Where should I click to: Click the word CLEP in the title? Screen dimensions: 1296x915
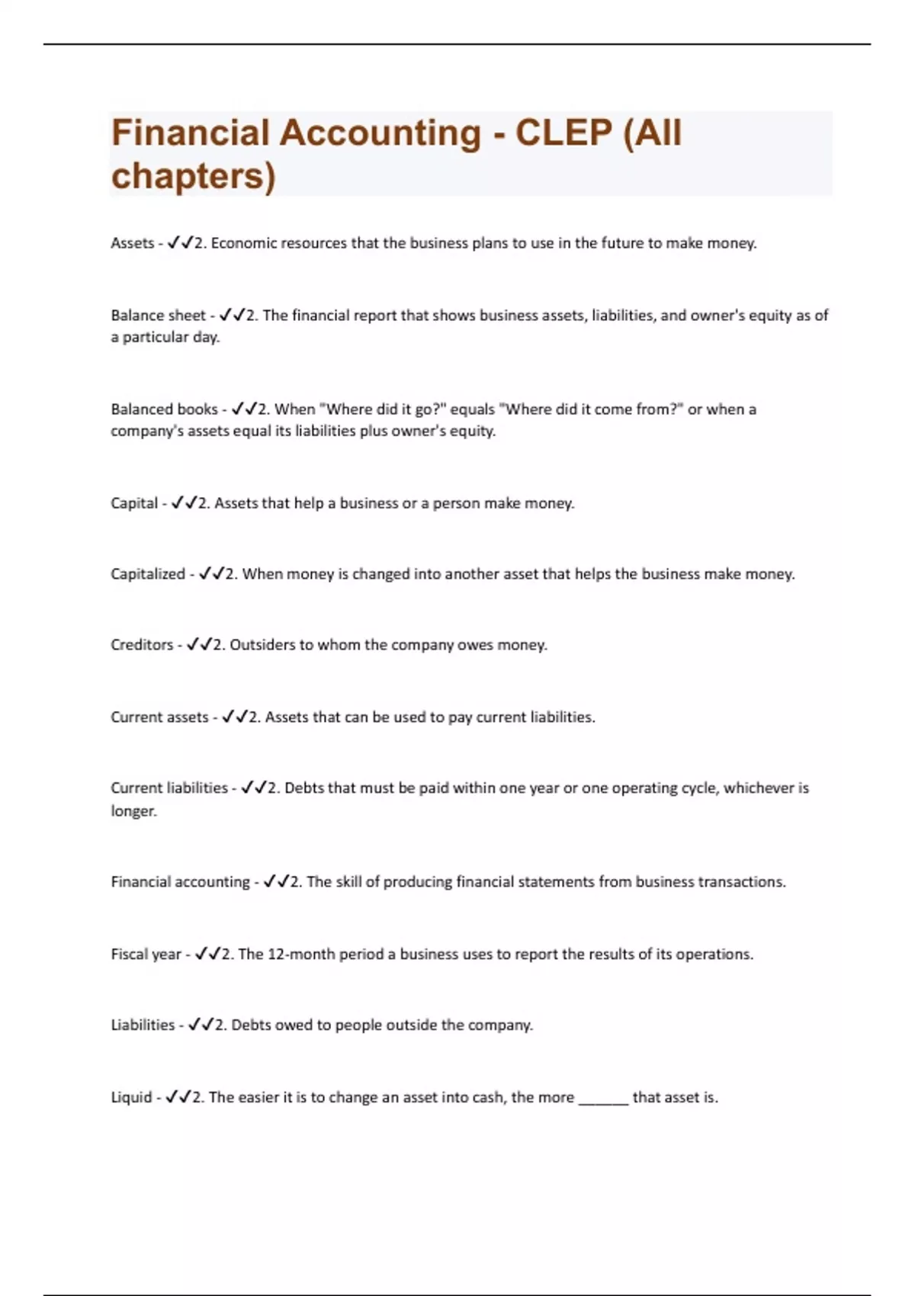click(563, 133)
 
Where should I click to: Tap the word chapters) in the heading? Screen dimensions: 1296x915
click(193, 176)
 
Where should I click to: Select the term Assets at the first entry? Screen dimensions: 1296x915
click(132, 243)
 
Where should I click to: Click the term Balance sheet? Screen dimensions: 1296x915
click(158, 316)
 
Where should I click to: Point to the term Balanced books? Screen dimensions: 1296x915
click(164, 409)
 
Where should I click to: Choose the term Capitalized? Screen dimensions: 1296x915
click(147, 574)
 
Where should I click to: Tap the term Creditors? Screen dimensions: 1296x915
click(142, 645)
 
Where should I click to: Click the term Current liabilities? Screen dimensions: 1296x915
click(169, 788)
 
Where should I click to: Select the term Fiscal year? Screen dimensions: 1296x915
click(146, 954)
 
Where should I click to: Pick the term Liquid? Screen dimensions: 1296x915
click(131, 1098)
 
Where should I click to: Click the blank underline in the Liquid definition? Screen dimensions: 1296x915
click(603, 1100)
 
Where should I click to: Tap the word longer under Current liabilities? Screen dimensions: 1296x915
click(133, 811)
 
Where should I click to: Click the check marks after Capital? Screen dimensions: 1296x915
click(184, 503)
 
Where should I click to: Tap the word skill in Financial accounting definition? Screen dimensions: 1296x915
click(348, 882)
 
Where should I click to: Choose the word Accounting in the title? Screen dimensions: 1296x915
click(380, 133)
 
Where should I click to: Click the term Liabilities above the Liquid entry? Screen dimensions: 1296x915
click(143, 1025)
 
